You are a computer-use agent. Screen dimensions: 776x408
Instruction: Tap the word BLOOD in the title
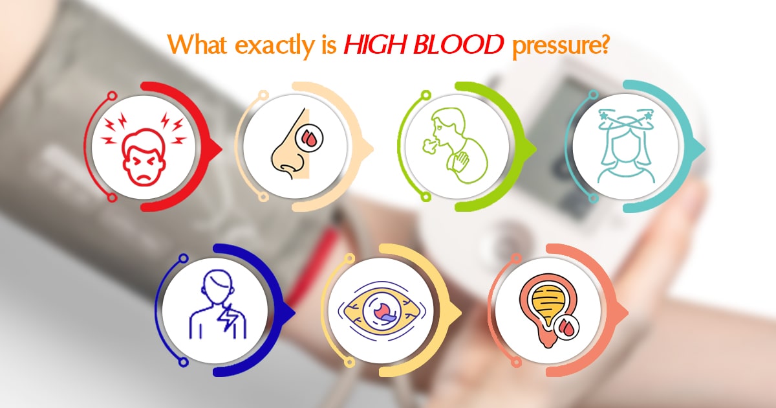coord(458,45)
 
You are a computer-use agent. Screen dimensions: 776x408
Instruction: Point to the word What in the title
coord(197,45)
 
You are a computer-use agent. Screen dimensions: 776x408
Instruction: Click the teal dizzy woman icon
coord(627,146)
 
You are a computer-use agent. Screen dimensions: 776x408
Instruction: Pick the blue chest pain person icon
coord(218,305)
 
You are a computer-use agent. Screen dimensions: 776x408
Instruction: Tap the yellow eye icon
coord(382,310)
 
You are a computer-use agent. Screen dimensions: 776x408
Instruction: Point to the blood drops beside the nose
coord(309,138)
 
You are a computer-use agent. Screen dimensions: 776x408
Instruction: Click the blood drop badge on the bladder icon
coord(566,328)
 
